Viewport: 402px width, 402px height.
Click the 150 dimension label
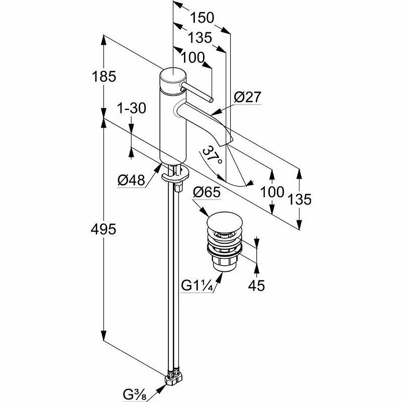click(x=202, y=18)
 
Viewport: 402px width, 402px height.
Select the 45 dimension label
click(x=256, y=285)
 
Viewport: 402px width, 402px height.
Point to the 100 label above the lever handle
click(x=192, y=58)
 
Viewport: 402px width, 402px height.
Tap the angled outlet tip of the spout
click(x=229, y=138)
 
